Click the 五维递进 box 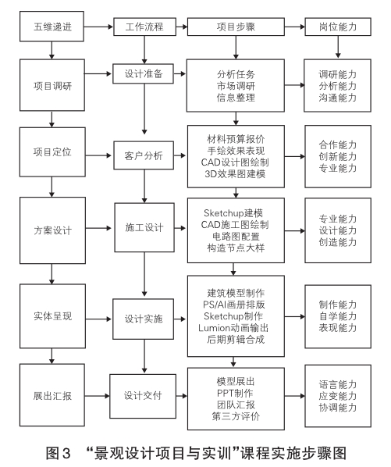coord(52,27)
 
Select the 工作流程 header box coord(144,27)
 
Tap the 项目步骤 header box coord(236,27)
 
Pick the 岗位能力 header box coord(338,27)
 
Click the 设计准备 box coord(143,73)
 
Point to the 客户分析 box coord(144,155)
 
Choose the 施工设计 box coord(144,227)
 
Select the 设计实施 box coord(143,319)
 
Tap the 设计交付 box coord(143,396)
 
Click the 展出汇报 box coord(52,395)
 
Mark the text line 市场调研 coord(236,86)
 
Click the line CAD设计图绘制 coord(235,162)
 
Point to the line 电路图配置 coord(236,237)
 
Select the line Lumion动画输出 coord(233,328)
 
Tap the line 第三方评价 coord(236,416)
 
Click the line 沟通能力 coord(338,98)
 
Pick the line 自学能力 coord(338,316)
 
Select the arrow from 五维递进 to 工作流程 coord(98,27)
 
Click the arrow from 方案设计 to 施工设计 coord(98,229)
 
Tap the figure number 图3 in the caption coord(58,453)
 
